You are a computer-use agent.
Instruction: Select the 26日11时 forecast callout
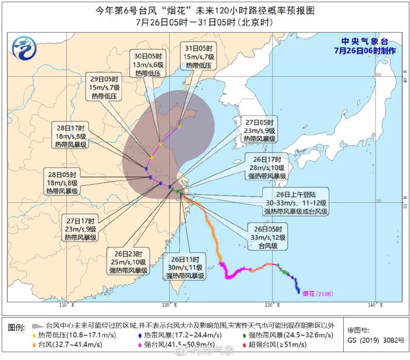tap(185, 267)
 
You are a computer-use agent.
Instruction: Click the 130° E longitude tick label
tap(269, 305)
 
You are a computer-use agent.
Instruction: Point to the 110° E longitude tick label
tap(64, 305)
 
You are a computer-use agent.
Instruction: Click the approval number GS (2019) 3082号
tap(367, 339)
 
